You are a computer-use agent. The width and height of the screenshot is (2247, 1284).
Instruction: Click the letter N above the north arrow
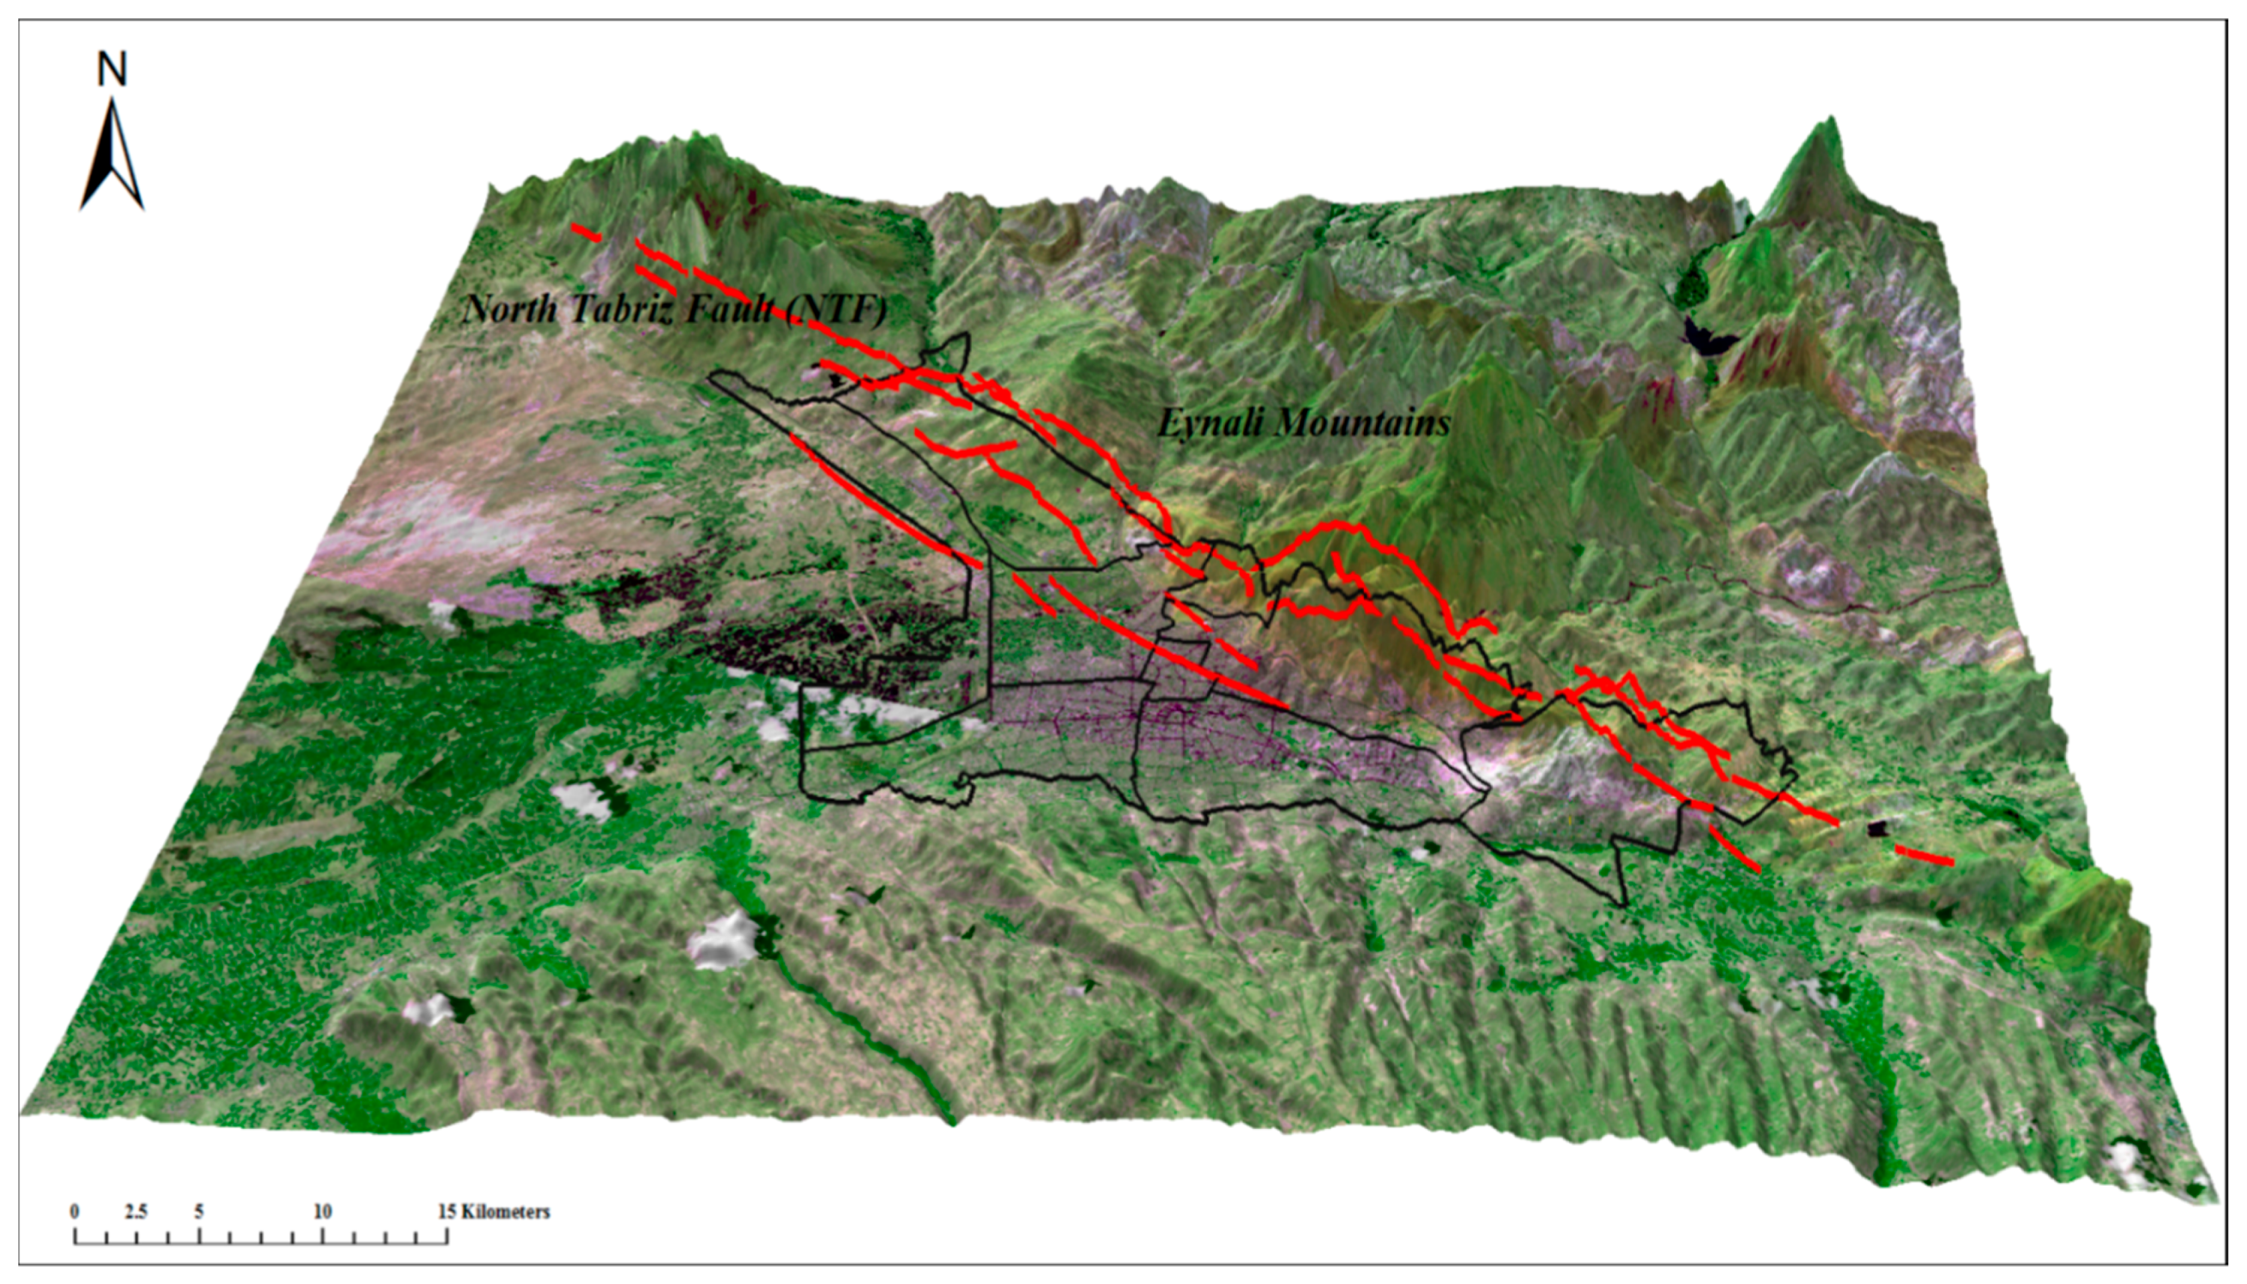point(112,70)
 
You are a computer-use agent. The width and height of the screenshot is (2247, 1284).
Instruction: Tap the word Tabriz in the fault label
point(620,309)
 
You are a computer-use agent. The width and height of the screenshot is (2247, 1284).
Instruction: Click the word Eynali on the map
point(1211,423)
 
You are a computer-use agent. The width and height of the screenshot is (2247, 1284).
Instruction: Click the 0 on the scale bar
point(75,1212)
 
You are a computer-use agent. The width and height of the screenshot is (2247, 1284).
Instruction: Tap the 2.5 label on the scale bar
point(136,1212)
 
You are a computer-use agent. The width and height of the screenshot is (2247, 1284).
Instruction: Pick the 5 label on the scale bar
point(199,1212)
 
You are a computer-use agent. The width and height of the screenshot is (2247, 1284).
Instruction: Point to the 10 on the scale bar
point(322,1212)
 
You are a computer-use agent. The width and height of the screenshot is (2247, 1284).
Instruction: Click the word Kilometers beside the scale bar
point(506,1212)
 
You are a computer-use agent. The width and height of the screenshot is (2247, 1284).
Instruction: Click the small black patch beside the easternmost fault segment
point(1880,829)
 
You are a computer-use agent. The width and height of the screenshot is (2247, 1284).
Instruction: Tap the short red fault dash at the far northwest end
point(585,233)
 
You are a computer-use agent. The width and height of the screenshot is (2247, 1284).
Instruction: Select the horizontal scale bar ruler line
point(261,1243)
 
